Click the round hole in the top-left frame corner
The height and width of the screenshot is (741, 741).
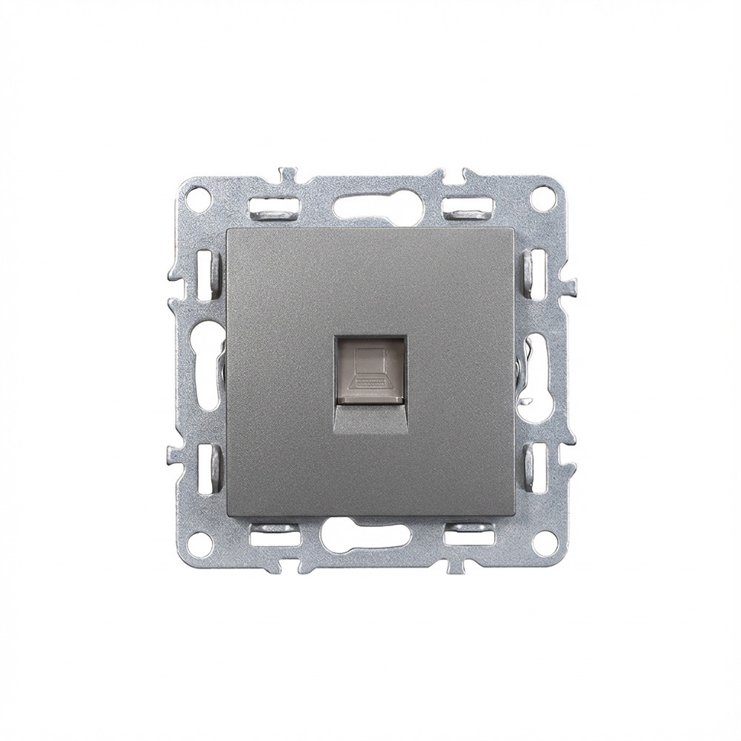click(x=196, y=199)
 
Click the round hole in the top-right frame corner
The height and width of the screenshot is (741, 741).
click(x=544, y=199)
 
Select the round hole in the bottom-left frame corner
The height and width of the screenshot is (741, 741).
click(x=196, y=543)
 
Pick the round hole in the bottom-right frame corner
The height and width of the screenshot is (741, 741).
click(x=543, y=543)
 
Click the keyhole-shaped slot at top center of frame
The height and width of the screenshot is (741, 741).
click(x=370, y=203)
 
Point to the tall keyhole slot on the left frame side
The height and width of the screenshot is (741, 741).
click(x=207, y=370)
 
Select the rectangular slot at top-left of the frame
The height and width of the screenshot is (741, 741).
click(x=272, y=205)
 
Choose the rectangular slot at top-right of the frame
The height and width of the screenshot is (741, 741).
click(x=468, y=205)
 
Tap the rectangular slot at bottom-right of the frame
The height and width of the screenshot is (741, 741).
click(x=469, y=531)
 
